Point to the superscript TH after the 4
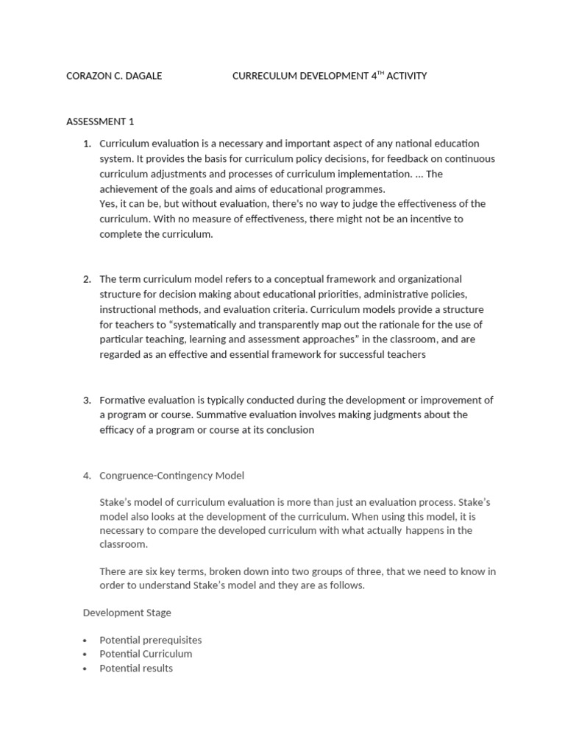point(381,73)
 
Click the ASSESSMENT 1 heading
point(100,121)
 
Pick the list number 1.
point(86,144)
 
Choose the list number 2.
point(86,279)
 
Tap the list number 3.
point(86,400)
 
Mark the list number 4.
point(86,476)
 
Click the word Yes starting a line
point(108,204)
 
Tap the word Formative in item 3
point(121,400)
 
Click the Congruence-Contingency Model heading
point(171,476)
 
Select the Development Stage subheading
point(127,613)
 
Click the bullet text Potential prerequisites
point(150,640)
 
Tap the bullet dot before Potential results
point(86,669)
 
